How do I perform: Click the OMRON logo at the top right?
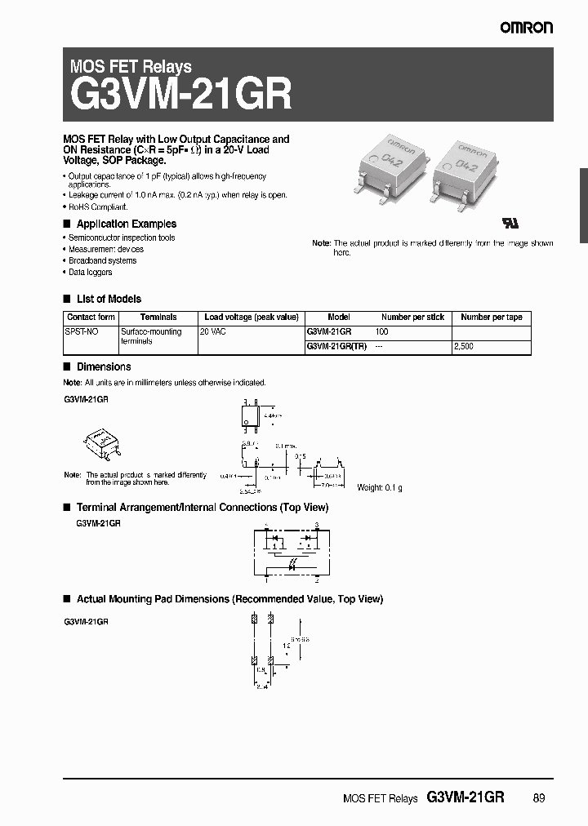tap(527, 28)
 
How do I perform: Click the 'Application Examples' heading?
tap(126, 224)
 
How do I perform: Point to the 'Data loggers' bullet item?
tap(91, 272)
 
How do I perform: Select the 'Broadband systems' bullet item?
tap(102, 260)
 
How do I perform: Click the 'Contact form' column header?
tap(91, 318)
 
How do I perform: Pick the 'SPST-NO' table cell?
tap(79, 332)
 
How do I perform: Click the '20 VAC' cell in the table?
tap(215, 332)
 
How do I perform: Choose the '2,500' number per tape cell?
tap(463, 347)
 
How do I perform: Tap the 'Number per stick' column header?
tap(412, 318)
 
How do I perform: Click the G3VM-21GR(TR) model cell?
tap(336, 347)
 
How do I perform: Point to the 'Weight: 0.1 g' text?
tap(380, 487)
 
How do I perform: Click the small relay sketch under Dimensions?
tap(103, 442)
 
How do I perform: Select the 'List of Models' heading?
tap(109, 299)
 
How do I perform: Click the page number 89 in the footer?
tap(538, 799)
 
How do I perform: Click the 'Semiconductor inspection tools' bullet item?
tap(122, 238)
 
